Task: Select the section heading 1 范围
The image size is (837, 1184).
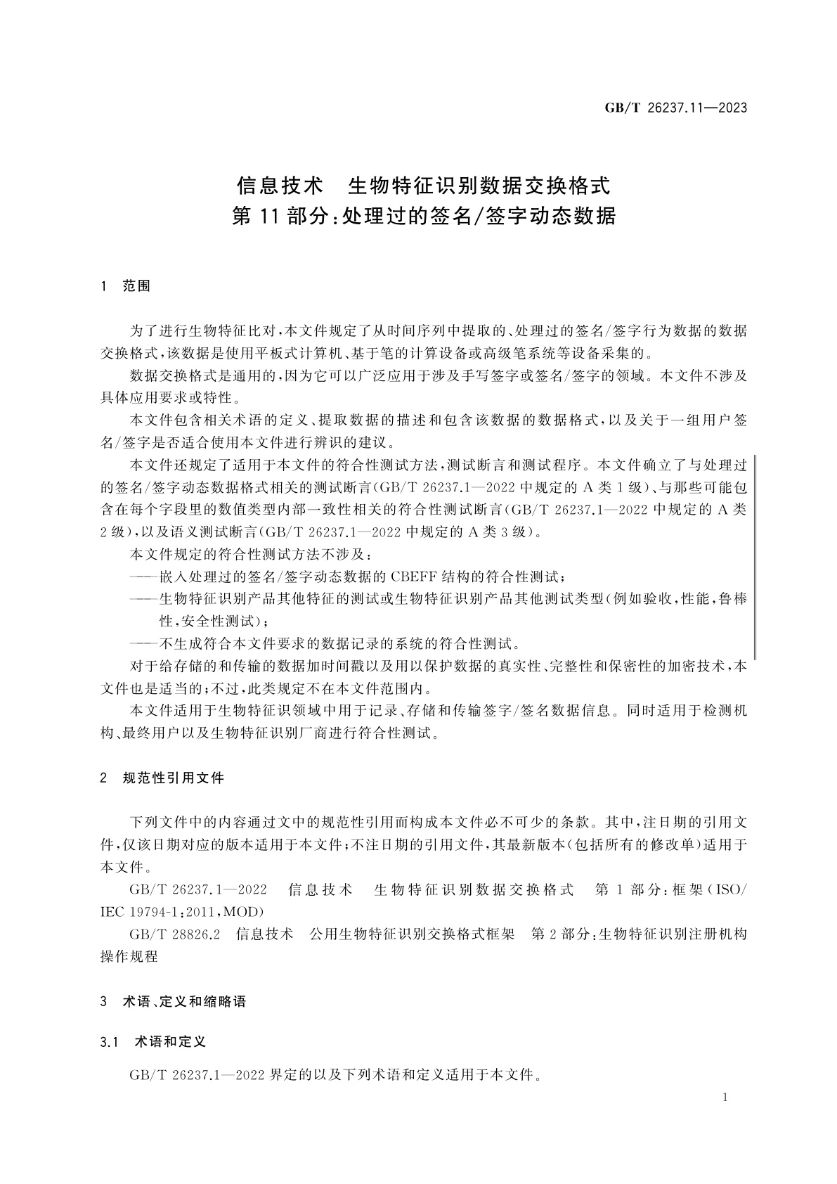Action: tap(126, 286)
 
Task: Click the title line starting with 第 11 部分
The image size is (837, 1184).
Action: tap(423, 216)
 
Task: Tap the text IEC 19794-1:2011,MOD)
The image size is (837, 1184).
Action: tap(182, 912)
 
